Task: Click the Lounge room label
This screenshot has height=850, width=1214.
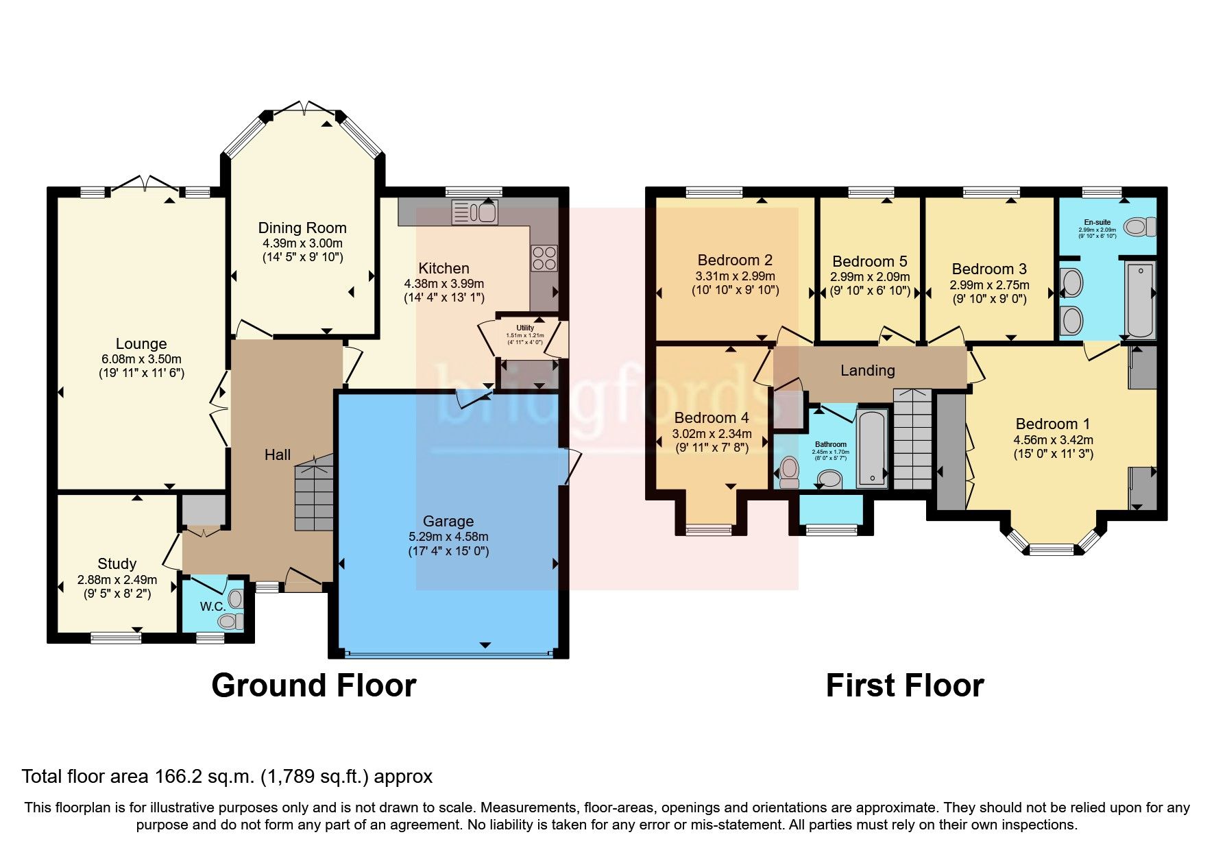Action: tap(141, 343)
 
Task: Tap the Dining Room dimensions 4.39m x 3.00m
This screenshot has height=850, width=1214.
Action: tap(302, 243)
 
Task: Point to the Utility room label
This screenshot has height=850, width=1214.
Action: tap(524, 328)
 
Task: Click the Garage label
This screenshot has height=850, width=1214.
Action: tap(448, 521)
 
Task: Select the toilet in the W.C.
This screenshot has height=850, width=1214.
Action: tap(231, 620)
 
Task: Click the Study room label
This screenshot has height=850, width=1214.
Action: tap(117, 563)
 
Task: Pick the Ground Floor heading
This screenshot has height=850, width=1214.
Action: tap(313, 685)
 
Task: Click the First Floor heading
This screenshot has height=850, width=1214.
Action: tap(904, 685)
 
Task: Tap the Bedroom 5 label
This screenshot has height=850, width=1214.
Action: tap(869, 261)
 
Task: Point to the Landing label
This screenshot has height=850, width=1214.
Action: tap(867, 370)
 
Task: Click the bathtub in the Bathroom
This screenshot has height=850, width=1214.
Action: tap(872, 449)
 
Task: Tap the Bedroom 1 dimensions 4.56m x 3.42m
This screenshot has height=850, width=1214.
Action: tap(1053, 439)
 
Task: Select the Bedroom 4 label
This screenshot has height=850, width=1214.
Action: tap(711, 417)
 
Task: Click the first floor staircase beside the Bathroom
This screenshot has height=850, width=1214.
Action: tap(912, 439)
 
